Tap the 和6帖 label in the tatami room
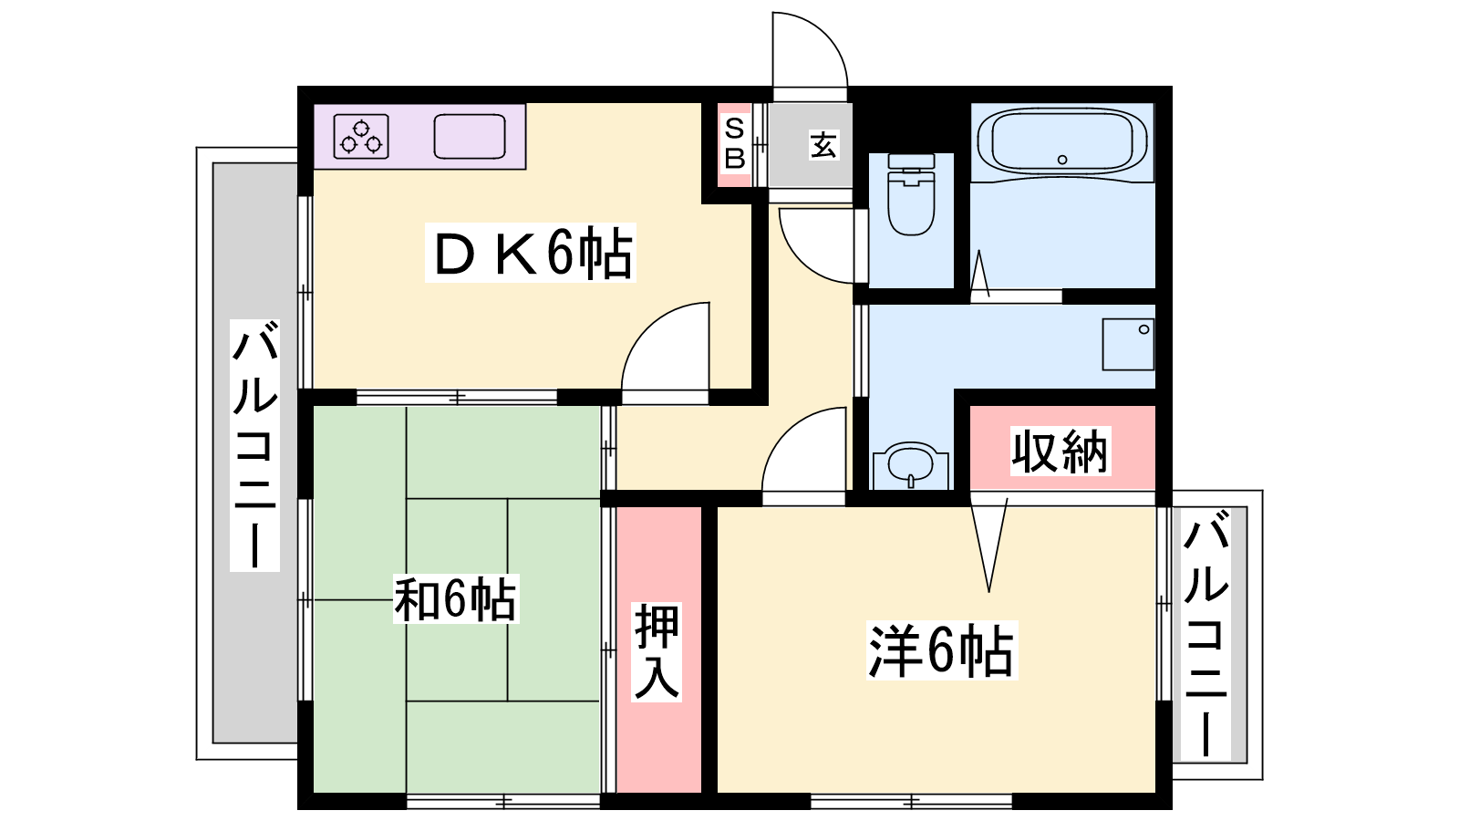tap(455, 598)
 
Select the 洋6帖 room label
tap(942, 650)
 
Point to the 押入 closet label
tap(657, 651)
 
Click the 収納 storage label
tap(1060, 451)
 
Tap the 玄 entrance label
tap(823, 145)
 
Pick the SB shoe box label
tap(735, 144)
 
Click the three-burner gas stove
tap(361, 137)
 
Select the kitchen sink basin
tap(470, 137)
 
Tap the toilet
tap(911, 194)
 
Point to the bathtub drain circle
tap(1062, 160)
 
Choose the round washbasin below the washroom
tap(911, 464)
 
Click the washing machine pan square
tap(1128, 344)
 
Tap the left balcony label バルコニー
tap(254, 445)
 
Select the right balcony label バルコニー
tap(1206, 633)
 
